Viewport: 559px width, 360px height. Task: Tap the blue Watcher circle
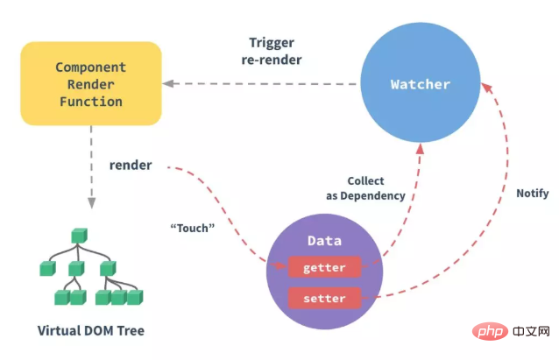tap(421, 84)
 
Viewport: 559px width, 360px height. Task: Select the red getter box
tap(324, 267)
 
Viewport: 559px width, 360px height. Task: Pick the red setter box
tap(324, 299)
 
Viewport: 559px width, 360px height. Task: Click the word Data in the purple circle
tap(323, 240)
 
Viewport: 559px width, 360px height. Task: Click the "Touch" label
tap(193, 227)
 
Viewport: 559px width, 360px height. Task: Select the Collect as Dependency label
tap(365, 188)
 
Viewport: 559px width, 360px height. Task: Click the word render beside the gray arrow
tap(131, 165)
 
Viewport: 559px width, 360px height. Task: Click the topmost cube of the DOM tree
tap(79, 235)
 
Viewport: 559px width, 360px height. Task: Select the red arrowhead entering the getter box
tap(282, 266)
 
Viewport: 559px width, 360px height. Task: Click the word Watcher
tap(421, 84)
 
